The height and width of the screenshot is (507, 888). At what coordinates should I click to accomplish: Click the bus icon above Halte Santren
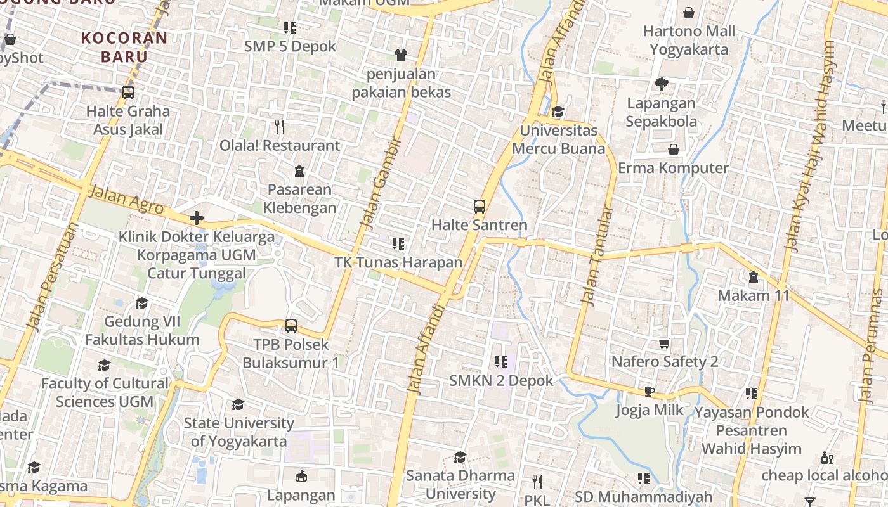(479, 207)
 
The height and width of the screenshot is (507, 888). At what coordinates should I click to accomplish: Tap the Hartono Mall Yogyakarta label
(689, 40)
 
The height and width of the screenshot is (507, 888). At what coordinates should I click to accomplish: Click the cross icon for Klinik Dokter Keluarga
(197, 219)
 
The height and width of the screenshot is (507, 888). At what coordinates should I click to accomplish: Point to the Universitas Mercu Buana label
(558, 139)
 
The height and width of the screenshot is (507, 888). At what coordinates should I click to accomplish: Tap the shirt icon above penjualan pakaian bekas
(400, 55)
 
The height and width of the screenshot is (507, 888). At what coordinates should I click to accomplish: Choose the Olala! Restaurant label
(280, 145)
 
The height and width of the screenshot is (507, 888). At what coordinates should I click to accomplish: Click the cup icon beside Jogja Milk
(649, 391)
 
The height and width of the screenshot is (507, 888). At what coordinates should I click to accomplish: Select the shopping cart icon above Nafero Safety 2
(664, 343)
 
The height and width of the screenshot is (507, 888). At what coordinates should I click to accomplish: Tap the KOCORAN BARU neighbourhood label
(124, 47)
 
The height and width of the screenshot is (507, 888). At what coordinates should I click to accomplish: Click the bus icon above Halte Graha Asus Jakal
(128, 93)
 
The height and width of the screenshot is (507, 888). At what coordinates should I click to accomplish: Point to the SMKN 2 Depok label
(501, 381)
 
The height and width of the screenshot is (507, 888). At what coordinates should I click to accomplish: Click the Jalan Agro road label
(126, 199)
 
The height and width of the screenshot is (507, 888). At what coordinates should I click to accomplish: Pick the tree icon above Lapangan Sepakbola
(661, 84)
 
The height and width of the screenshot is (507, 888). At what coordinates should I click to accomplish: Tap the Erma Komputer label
(673, 168)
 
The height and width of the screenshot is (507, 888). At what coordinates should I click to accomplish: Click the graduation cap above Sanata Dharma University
(460, 457)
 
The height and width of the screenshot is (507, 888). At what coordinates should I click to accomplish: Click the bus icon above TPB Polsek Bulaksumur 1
(291, 326)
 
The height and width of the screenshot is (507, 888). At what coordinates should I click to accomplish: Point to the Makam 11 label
(754, 295)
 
